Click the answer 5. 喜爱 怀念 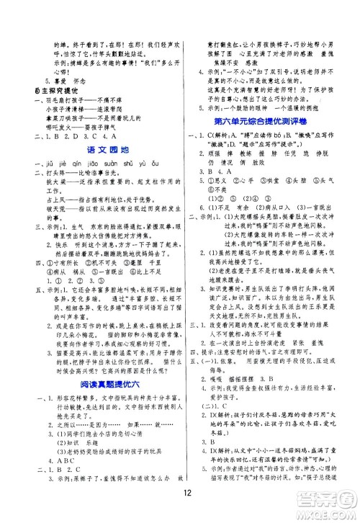(60, 81)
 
